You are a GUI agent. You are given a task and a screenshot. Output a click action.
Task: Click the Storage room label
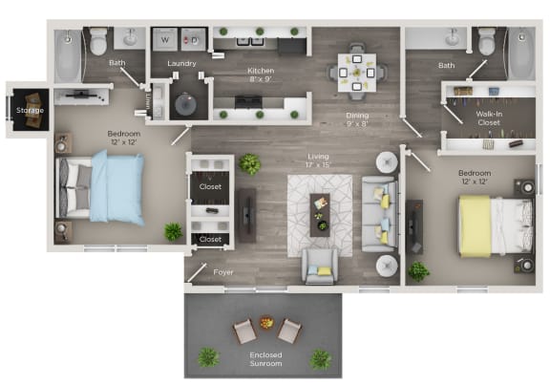[x=24, y=112]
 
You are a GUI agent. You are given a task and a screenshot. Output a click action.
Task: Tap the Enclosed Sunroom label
[x=265, y=359]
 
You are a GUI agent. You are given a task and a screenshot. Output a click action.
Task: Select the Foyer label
[x=222, y=271]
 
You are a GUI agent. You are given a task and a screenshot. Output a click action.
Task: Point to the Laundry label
[x=181, y=64]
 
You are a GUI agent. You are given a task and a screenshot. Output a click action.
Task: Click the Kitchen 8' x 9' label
[x=262, y=75]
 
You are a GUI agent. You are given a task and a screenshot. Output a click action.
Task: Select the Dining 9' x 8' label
[x=356, y=120]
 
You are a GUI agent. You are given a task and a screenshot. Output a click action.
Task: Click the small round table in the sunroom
[x=266, y=322]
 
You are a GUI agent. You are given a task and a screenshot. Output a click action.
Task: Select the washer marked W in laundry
[x=165, y=41]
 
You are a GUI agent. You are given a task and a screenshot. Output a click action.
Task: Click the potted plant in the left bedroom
[x=173, y=231]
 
